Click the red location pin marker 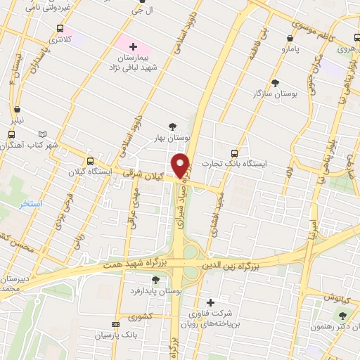[x=181, y=166]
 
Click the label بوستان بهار [x=172, y=139]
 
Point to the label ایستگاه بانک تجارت [x=264, y=162]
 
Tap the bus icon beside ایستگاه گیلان [x=89, y=160]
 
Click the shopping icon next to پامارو [x=290, y=39]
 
